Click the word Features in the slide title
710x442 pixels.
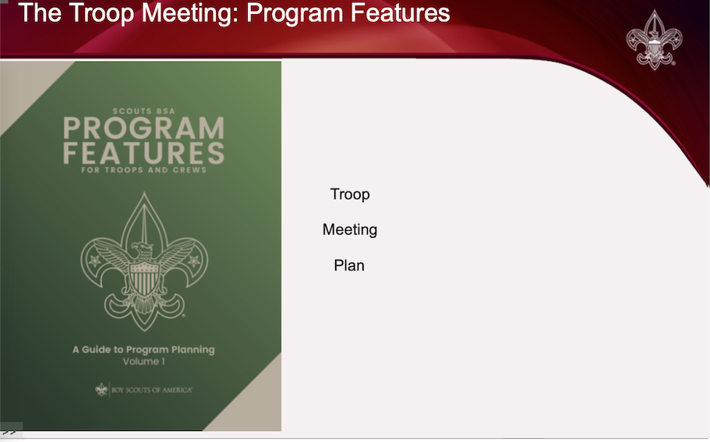[x=400, y=12]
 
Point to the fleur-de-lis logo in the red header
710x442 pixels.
[x=655, y=40]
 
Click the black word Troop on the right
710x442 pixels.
[x=350, y=194]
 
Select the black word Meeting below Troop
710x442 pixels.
[x=350, y=230]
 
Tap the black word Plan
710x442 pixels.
[x=349, y=265]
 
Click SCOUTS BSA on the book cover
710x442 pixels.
[x=143, y=111]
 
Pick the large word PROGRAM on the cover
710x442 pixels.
[x=143, y=128]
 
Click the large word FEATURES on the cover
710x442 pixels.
[x=143, y=153]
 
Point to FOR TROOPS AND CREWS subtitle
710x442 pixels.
[x=143, y=170]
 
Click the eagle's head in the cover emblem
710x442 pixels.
[x=142, y=249]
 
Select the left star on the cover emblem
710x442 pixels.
[x=94, y=260]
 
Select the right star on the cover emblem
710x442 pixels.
[x=194, y=260]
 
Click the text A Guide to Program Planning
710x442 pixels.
[x=143, y=349]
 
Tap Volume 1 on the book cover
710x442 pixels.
[x=143, y=362]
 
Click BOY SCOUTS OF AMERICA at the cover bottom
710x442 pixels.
[x=152, y=390]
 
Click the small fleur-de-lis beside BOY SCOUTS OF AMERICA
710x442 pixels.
[x=101, y=390]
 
